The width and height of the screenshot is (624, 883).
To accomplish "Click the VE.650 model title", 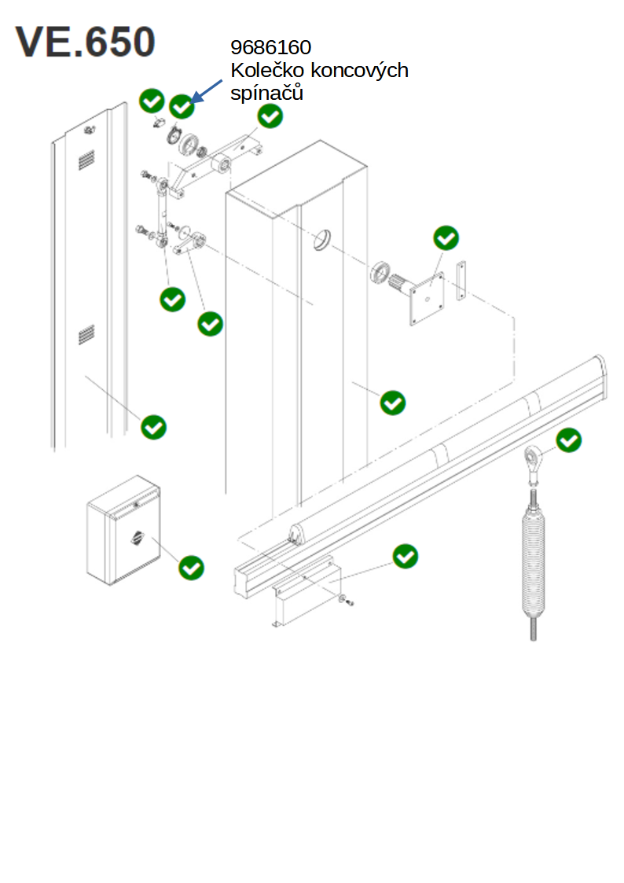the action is pyautogui.click(x=85, y=42).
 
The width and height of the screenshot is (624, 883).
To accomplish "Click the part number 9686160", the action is pyautogui.click(x=270, y=47).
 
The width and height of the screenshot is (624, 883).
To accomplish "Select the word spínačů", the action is pyautogui.click(x=266, y=93).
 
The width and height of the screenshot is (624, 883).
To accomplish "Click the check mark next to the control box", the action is pyautogui.click(x=191, y=568).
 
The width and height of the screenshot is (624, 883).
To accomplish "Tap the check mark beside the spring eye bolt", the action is pyautogui.click(x=569, y=440).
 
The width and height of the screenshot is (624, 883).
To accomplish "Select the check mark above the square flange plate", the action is pyautogui.click(x=446, y=238).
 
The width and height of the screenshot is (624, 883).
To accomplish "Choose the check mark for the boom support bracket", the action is pyautogui.click(x=405, y=557).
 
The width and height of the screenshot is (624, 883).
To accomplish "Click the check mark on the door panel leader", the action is pyautogui.click(x=153, y=427).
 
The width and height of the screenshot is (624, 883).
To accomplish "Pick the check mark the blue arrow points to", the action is pyautogui.click(x=182, y=106).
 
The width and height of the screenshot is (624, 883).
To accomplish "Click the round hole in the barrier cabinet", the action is pyautogui.click(x=322, y=241).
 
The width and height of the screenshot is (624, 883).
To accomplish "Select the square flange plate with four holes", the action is pyautogui.click(x=427, y=299).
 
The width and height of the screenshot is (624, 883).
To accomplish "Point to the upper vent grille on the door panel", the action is pyautogui.click(x=86, y=160).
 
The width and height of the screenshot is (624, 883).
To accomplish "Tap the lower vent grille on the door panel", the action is pyautogui.click(x=86, y=334).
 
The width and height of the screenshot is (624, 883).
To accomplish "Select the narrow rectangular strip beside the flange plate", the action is pyautogui.click(x=461, y=281).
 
